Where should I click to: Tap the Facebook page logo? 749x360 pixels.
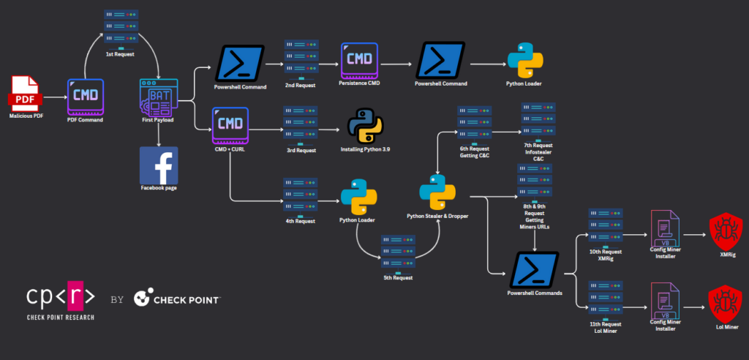159,165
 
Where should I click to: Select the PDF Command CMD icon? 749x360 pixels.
85,97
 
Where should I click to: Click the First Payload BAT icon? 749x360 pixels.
159,97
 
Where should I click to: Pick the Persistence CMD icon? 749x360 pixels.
359,61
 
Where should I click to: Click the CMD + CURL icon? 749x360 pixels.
230,125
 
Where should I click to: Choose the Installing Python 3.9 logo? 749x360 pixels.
365,127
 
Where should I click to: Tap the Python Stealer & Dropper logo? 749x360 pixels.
437,192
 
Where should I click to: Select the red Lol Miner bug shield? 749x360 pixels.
725,304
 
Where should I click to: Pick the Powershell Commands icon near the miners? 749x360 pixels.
535,270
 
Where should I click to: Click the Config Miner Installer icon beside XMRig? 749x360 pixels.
665,229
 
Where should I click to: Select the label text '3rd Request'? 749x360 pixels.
301,150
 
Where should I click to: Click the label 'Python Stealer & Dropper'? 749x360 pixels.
437,216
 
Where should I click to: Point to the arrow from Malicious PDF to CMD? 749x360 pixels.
54,97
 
